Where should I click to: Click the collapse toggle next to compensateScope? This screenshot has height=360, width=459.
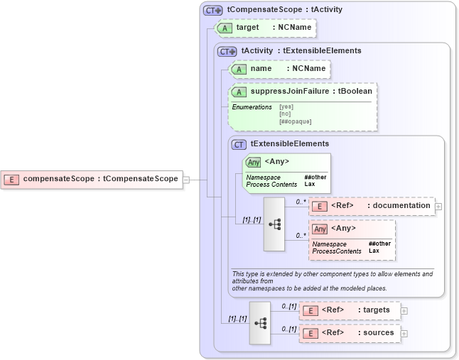click(186, 180)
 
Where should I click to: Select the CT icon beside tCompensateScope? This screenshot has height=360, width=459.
click(212, 11)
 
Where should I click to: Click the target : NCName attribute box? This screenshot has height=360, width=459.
click(264, 28)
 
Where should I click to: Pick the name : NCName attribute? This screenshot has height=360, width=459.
click(280, 69)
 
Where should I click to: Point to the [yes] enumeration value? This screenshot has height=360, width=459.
click(286, 107)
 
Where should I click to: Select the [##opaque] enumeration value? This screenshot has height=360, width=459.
click(295, 121)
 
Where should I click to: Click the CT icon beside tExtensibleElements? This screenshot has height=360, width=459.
click(239, 144)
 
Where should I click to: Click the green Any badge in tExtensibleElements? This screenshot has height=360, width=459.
click(253, 162)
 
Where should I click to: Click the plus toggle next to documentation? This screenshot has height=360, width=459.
click(438, 207)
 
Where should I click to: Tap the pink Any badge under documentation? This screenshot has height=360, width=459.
click(320, 229)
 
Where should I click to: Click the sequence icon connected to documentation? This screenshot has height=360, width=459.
click(274, 224)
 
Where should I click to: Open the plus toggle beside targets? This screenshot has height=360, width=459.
click(404, 310)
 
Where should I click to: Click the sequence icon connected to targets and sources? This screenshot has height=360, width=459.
click(260, 322)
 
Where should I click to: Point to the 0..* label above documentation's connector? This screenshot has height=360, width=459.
click(301, 202)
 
